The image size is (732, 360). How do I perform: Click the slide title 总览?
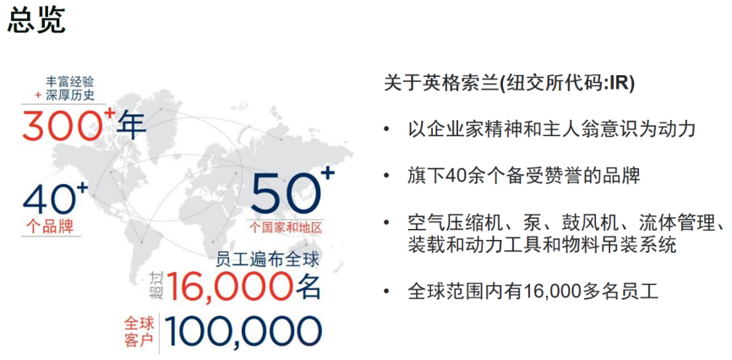point(36,20)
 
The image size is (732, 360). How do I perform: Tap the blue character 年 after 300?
point(131,125)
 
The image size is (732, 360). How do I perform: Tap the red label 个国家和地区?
point(286,228)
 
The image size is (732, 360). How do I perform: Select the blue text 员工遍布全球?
point(268,259)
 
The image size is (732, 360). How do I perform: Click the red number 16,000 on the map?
point(230,286)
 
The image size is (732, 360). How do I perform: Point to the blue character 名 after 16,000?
point(309,286)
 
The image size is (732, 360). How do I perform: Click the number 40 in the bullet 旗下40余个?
point(455,176)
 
